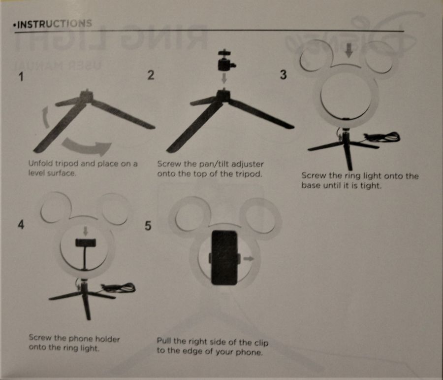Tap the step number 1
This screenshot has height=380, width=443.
pos(21,76)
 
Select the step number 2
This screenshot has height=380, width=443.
pos(151,75)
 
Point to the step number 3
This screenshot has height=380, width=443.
pos(283,75)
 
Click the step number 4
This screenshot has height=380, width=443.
pos(21,224)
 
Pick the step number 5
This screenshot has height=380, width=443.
pos(148,226)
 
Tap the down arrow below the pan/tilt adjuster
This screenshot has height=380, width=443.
pos(224,78)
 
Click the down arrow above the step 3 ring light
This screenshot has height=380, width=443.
pos(349,50)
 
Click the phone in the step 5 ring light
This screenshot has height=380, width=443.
pos(224,257)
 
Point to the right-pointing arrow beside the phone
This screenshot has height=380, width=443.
pos(249,258)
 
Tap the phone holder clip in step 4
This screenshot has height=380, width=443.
pos(86,243)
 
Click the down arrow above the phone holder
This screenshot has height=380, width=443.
pos(86,231)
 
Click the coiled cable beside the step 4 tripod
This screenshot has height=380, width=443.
pos(119,288)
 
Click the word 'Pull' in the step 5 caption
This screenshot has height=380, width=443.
pos(163,341)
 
